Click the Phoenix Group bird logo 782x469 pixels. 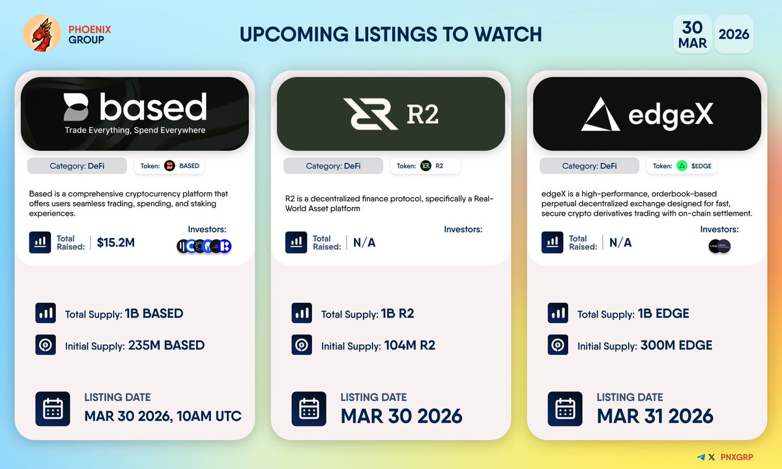42,33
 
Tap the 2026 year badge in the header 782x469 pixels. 734,34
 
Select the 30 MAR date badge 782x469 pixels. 692,34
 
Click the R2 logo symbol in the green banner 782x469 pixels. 370,113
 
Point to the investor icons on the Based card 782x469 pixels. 204,246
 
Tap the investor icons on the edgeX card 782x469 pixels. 719,246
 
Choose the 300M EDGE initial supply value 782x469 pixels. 675,346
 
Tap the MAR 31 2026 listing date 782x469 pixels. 655,416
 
